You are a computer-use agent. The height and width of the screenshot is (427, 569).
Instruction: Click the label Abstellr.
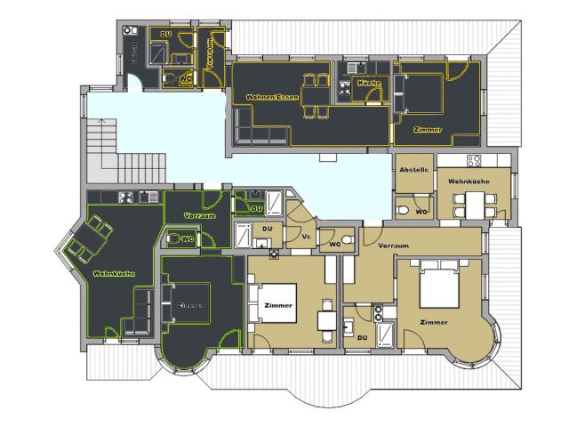[414, 170]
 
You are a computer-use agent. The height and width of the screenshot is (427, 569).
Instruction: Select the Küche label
[368, 83]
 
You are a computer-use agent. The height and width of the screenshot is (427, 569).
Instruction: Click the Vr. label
[306, 238]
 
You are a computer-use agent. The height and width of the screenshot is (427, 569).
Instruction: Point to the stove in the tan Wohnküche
[474, 161]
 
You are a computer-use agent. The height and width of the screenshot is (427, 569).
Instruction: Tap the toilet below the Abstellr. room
[403, 209]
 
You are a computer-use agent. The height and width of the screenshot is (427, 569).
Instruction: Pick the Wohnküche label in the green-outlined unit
[114, 273]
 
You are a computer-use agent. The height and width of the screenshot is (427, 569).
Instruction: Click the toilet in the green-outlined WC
[172, 238]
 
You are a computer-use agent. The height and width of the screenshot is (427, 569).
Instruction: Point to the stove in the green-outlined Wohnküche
[125, 197]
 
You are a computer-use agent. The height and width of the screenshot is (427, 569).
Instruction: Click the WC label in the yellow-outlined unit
[185, 78]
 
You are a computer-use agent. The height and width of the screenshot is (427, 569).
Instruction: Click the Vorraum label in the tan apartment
[392, 245]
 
